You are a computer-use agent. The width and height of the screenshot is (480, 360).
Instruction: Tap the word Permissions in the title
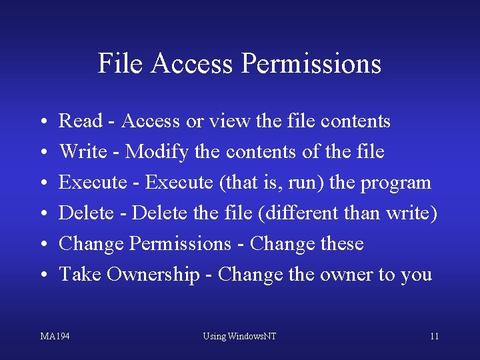(311, 64)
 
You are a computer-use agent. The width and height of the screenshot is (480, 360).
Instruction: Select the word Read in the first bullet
(81, 121)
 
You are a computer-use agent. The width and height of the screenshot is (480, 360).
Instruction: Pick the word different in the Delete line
(311, 213)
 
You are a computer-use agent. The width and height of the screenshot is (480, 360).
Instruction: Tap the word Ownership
(153, 274)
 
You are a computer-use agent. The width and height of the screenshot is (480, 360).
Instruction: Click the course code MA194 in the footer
(55, 336)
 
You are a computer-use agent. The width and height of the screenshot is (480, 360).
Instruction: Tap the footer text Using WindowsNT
(239, 336)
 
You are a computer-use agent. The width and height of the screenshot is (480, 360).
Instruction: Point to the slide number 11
(434, 336)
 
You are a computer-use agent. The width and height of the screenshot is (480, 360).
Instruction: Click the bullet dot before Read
(43, 122)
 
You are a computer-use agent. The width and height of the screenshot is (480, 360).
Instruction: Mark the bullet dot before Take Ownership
(43, 275)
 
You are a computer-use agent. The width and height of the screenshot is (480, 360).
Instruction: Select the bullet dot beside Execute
(43, 183)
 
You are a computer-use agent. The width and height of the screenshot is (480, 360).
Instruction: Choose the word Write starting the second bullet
(83, 152)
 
